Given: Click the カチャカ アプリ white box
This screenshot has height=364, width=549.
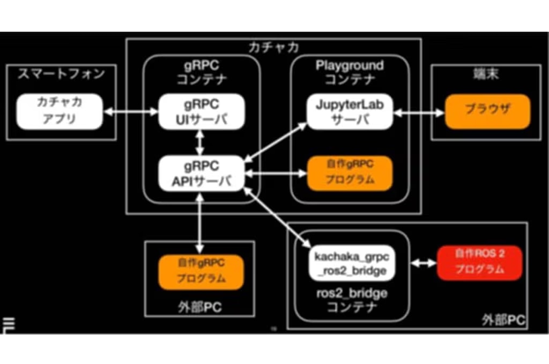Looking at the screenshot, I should [x=59, y=111].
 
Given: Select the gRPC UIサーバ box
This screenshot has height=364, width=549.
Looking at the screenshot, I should [x=201, y=111].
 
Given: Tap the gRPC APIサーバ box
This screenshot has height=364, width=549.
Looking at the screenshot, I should [x=201, y=173].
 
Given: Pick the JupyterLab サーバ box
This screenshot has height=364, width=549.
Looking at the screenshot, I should [x=349, y=111].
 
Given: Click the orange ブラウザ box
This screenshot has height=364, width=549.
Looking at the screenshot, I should [x=487, y=111].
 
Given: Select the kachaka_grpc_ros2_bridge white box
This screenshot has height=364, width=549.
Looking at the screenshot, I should [x=352, y=263].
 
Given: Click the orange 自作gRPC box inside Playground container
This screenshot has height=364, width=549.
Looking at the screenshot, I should [x=350, y=172].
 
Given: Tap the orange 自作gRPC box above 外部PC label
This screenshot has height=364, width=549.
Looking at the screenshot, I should [x=201, y=271].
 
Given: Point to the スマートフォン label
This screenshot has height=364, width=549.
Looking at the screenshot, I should [x=61, y=74].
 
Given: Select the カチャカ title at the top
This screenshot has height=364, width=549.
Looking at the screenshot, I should [x=273, y=47].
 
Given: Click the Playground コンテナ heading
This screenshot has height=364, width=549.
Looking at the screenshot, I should [x=350, y=73].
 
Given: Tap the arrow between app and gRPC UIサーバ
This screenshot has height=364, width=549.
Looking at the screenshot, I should [x=130, y=112].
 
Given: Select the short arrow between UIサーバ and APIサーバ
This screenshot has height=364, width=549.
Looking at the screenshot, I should [x=201, y=142].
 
